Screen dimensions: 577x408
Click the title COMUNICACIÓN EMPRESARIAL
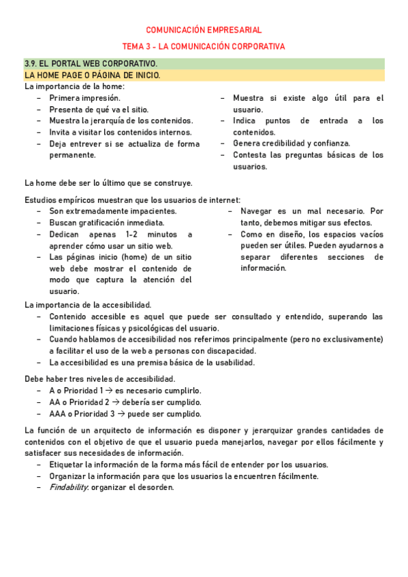pos(204,30)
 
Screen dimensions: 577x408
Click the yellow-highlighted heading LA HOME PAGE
pos(92,75)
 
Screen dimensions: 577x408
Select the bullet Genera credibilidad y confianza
pos(292,144)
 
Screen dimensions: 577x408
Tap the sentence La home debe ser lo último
pos(108,182)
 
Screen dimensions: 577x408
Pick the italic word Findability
pos(69,487)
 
